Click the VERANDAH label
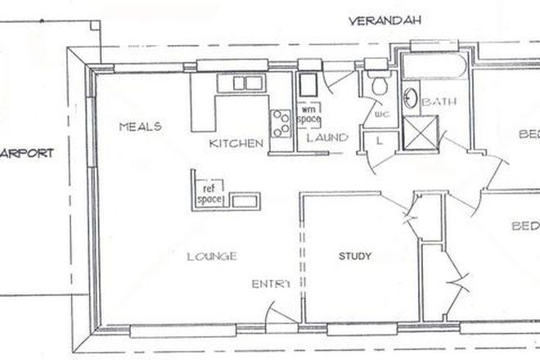384,20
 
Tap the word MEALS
139,127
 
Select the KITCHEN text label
236,143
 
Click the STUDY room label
355,257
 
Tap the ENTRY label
271,284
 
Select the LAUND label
327,137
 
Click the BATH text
443,102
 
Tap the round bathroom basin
412,101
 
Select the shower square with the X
422,131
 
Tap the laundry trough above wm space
308,84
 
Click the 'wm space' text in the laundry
308,113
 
